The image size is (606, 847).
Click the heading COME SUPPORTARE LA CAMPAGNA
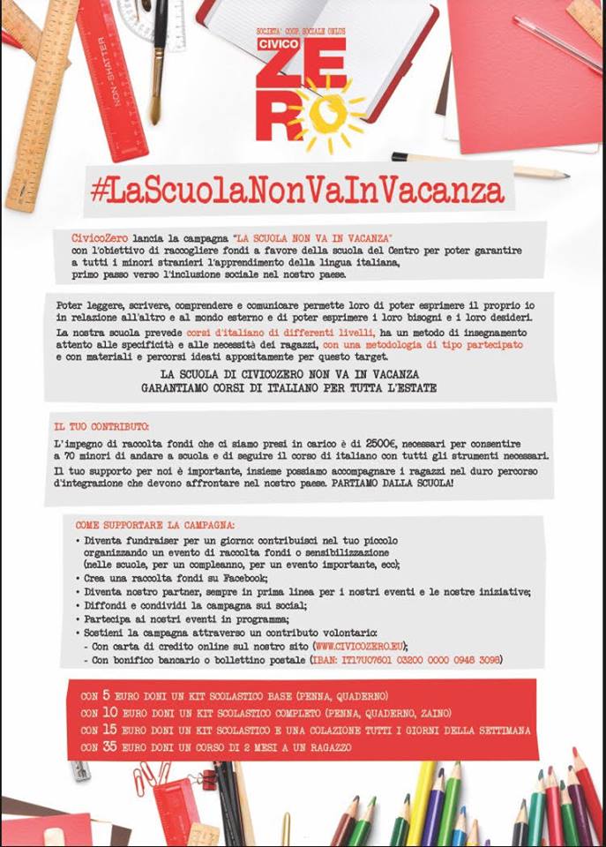click(x=148, y=524)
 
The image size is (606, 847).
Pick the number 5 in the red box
click(x=107, y=695)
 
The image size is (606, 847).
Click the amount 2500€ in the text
click(x=385, y=440)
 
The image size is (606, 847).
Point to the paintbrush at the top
click(x=157, y=62)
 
